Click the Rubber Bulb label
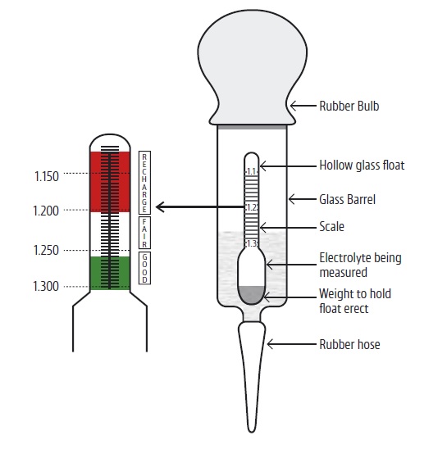[x=349, y=106]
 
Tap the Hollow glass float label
[x=362, y=166]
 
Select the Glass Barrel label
[x=347, y=199]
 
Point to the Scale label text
[x=331, y=226]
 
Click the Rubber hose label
[x=349, y=344]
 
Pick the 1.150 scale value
[x=47, y=176]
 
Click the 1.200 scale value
[x=46, y=211]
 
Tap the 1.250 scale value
[x=46, y=250]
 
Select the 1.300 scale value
[x=46, y=286]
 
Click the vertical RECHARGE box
[x=144, y=183]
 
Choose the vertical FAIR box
[x=144, y=233]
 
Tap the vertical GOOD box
[x=144, y=268]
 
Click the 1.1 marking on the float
[x=252, y=171]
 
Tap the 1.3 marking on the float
[x=252, y=243]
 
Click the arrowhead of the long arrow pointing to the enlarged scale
[x=160, y=206]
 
